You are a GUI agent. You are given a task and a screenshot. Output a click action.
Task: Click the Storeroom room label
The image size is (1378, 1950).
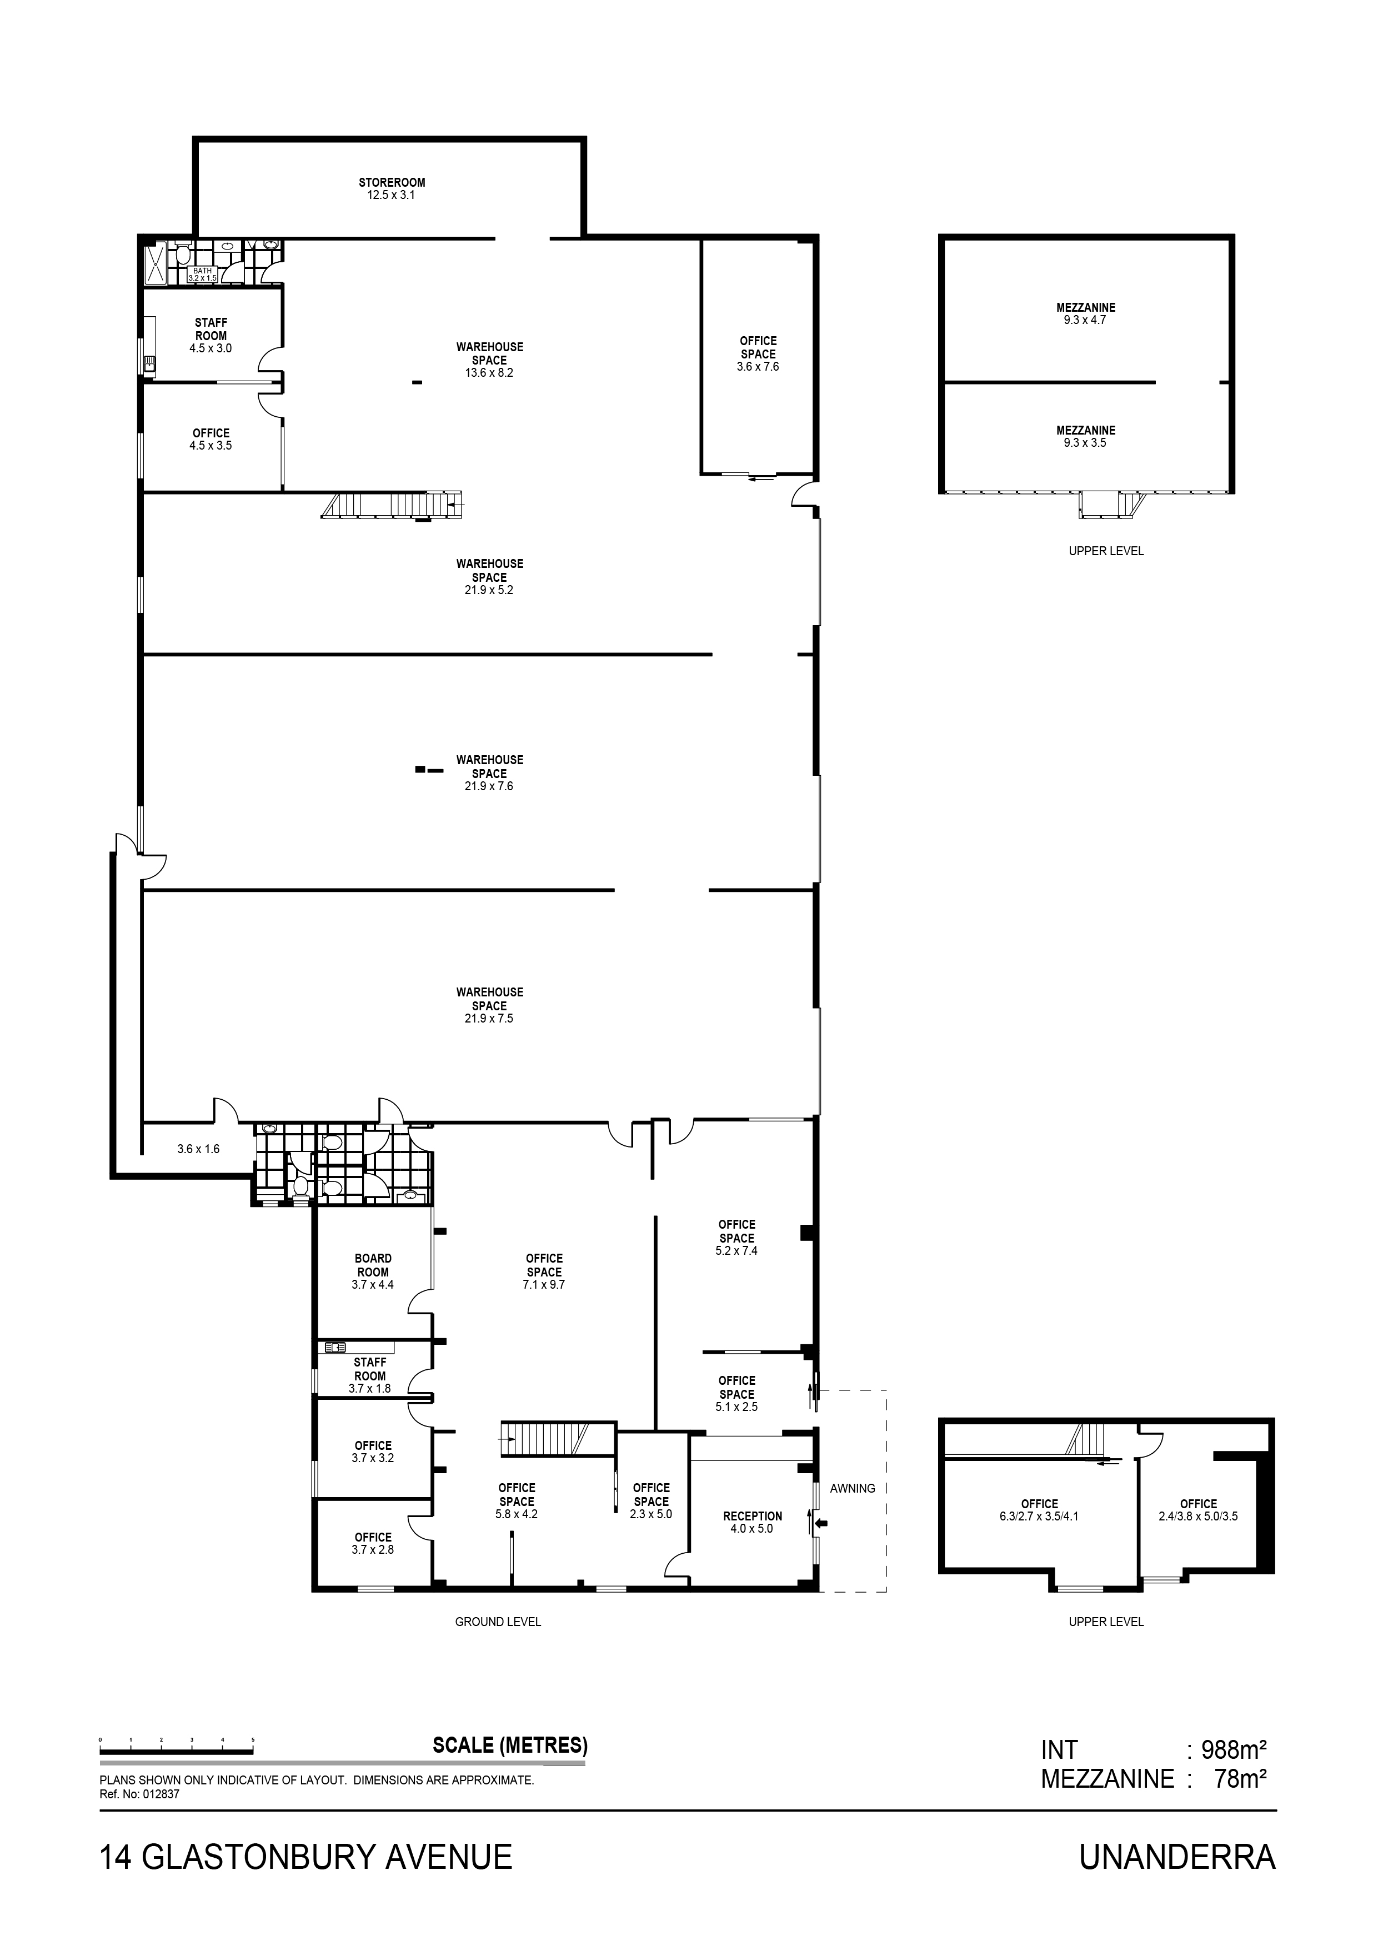point(392,183)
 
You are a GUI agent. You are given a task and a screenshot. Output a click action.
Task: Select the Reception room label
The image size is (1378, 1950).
point(752,1515)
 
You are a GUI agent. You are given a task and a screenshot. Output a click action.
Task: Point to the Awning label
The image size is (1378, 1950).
point(853,1488)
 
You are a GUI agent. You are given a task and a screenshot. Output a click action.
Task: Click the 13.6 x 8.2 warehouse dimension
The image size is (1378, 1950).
point(489,373)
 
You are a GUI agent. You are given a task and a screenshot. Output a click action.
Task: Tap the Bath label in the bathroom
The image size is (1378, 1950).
point(202,270)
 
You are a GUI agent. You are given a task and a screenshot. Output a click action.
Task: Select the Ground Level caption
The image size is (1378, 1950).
point(498,1622)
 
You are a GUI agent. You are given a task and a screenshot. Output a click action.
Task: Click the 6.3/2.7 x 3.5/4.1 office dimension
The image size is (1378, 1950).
point(1039,1516)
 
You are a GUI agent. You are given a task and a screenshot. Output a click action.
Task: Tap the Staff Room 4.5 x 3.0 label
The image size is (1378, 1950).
point(211,336)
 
